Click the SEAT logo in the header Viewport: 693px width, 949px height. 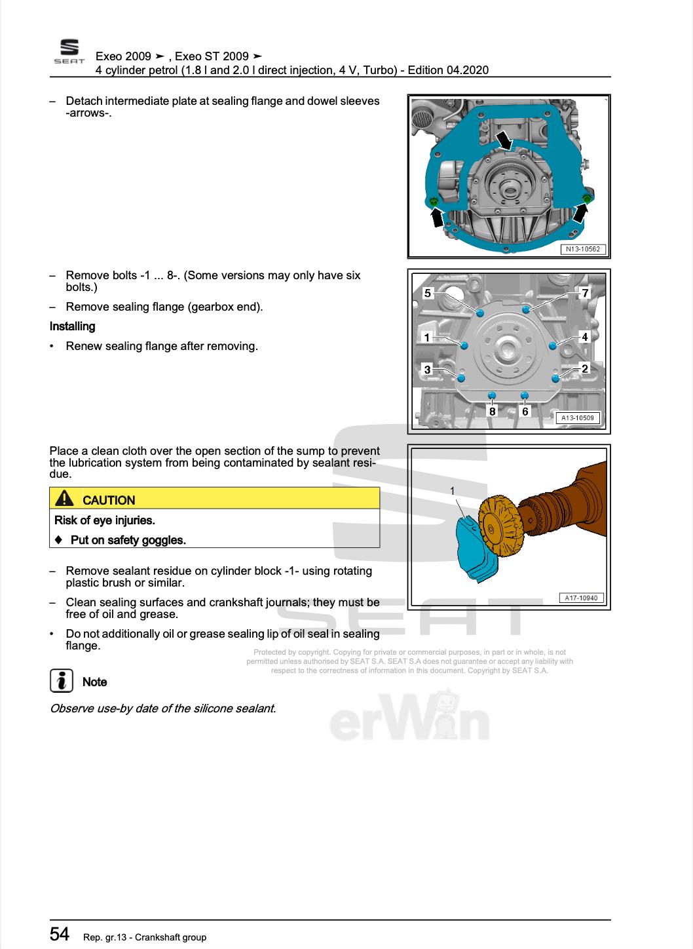point(69,52)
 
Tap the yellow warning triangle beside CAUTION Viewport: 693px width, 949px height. point(65,499)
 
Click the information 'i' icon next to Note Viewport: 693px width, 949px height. point(61,681)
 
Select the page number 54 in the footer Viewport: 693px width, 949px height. point(60,934)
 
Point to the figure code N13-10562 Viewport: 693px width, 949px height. point(583,249)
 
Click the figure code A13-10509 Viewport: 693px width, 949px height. point(578,417)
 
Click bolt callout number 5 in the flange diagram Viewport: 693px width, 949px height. point(428,293)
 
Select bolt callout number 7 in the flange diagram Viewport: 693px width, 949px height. point(585,293)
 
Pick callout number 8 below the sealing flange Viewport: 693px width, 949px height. point(493,412)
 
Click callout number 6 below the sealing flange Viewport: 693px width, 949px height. point(525,412)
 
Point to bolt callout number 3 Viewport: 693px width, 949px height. point(428,370)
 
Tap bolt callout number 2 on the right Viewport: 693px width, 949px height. point(585,368)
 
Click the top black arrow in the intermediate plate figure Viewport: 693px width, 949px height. point(504,140)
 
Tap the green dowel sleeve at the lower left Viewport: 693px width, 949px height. point(433,202)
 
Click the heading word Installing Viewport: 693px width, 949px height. point(72,326)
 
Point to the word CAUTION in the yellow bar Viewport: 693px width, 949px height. point(109,500)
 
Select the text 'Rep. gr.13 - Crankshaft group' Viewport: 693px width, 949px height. point(145,937)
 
